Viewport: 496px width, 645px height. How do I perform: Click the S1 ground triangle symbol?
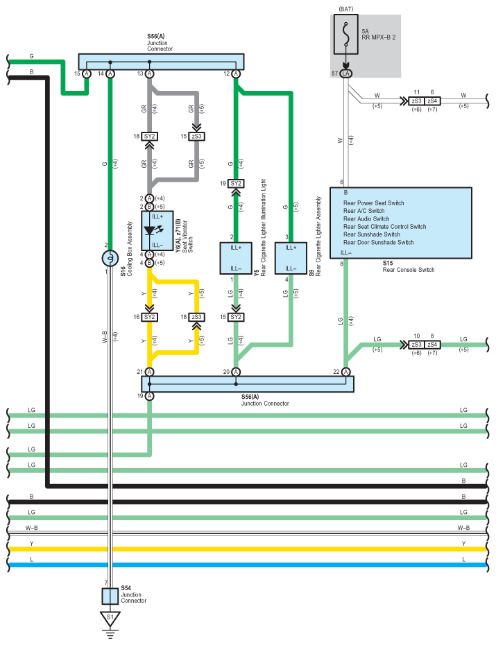tap(110, 618)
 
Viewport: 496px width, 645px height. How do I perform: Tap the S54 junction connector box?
tap(110, 596)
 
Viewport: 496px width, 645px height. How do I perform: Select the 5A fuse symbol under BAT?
tap(346, 35)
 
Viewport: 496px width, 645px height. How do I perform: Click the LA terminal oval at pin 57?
tap(346, 74)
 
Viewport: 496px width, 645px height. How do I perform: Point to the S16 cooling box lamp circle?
tap(110, 258)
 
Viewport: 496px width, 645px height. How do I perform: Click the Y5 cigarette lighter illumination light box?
tap(236, 258)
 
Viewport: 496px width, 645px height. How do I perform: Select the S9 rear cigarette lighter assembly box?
tap(291, 258)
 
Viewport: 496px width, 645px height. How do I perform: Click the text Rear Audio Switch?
tap(366, 219)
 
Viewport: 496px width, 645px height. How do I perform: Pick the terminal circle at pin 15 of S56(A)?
tap(87, 74)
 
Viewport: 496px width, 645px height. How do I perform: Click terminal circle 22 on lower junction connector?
tap(346, 372)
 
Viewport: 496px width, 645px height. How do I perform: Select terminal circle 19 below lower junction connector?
tap(149, 396)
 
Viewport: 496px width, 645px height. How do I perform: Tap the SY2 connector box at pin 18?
tap(149, 136)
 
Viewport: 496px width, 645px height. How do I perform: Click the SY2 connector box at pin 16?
tap(149, 317)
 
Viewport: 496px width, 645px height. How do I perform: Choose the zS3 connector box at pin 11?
tap(416, 101)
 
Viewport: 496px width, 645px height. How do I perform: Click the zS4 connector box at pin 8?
tap(432, 345)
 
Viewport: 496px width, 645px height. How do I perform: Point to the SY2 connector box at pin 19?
tap(236, 184)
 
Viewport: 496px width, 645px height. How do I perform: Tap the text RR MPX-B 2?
tap(379, 37)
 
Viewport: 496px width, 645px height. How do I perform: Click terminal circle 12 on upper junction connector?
tap(236, 74)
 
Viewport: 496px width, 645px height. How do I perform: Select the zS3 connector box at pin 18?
tap(196, 317)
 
